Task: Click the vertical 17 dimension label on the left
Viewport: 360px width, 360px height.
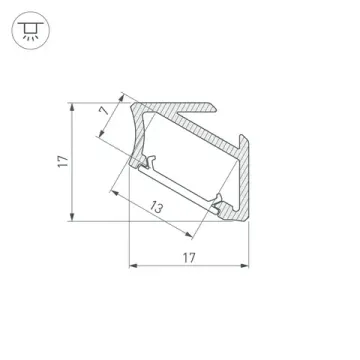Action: (x=62, y=160)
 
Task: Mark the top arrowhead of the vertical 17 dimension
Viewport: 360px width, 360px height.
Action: (x=75, y=104)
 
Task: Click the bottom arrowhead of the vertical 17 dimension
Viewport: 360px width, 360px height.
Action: (x=75, y=219)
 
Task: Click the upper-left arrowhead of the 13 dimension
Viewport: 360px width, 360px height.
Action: (x=113, y=191)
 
